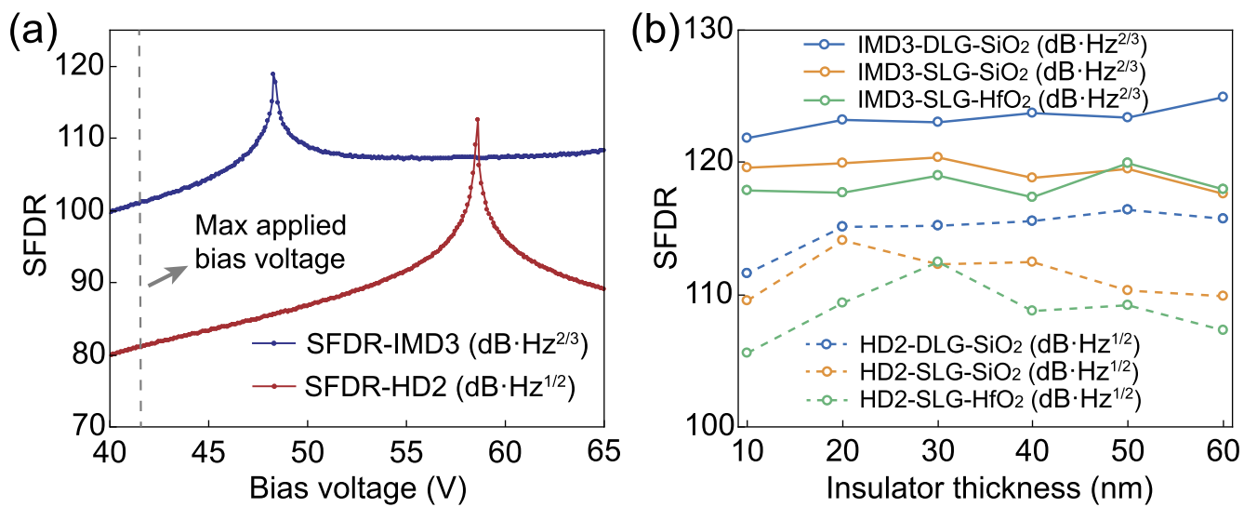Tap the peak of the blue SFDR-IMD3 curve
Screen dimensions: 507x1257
pyautogui.click(x=273, y=73)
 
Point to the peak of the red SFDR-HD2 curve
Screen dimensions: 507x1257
pyautogui.click(x=477, y=119)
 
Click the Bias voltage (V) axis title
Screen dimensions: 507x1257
pyautogui.click(x=358, y=487)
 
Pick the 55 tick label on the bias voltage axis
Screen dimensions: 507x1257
pyautogui.click(x=407, y=452)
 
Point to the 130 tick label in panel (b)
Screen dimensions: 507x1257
pyautogui.click(x=710, y=32)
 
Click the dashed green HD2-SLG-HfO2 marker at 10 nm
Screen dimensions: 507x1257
pyautogui.click(x=747, y=353)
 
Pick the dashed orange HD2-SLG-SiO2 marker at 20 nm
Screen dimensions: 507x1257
pyautogui.click(x=842, y=240)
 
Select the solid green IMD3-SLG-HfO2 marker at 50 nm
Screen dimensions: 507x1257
pyautogui.click(x=1128, y=164)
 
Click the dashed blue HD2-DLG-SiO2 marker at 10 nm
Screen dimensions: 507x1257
pyautogui.click(x=747, y=273)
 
